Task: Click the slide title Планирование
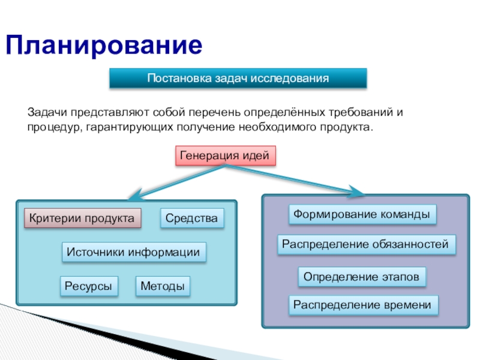[x=104, y=46]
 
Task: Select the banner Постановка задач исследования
[x=238, y=79]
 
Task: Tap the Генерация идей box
[x=226, y=155]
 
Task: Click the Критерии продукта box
[x=82, y=218]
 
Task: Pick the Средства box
[x=192, y=218]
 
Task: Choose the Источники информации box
[x=134, y=253]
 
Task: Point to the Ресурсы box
[x=88, y=286]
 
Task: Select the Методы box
[x=163, y=286]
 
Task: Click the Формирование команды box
[x=362, y=214]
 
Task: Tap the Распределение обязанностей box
[x=366, y=244]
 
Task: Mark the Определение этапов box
[x=362, y=277]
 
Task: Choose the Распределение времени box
[x=362, y=305]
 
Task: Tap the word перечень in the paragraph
[x=212, y=112]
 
